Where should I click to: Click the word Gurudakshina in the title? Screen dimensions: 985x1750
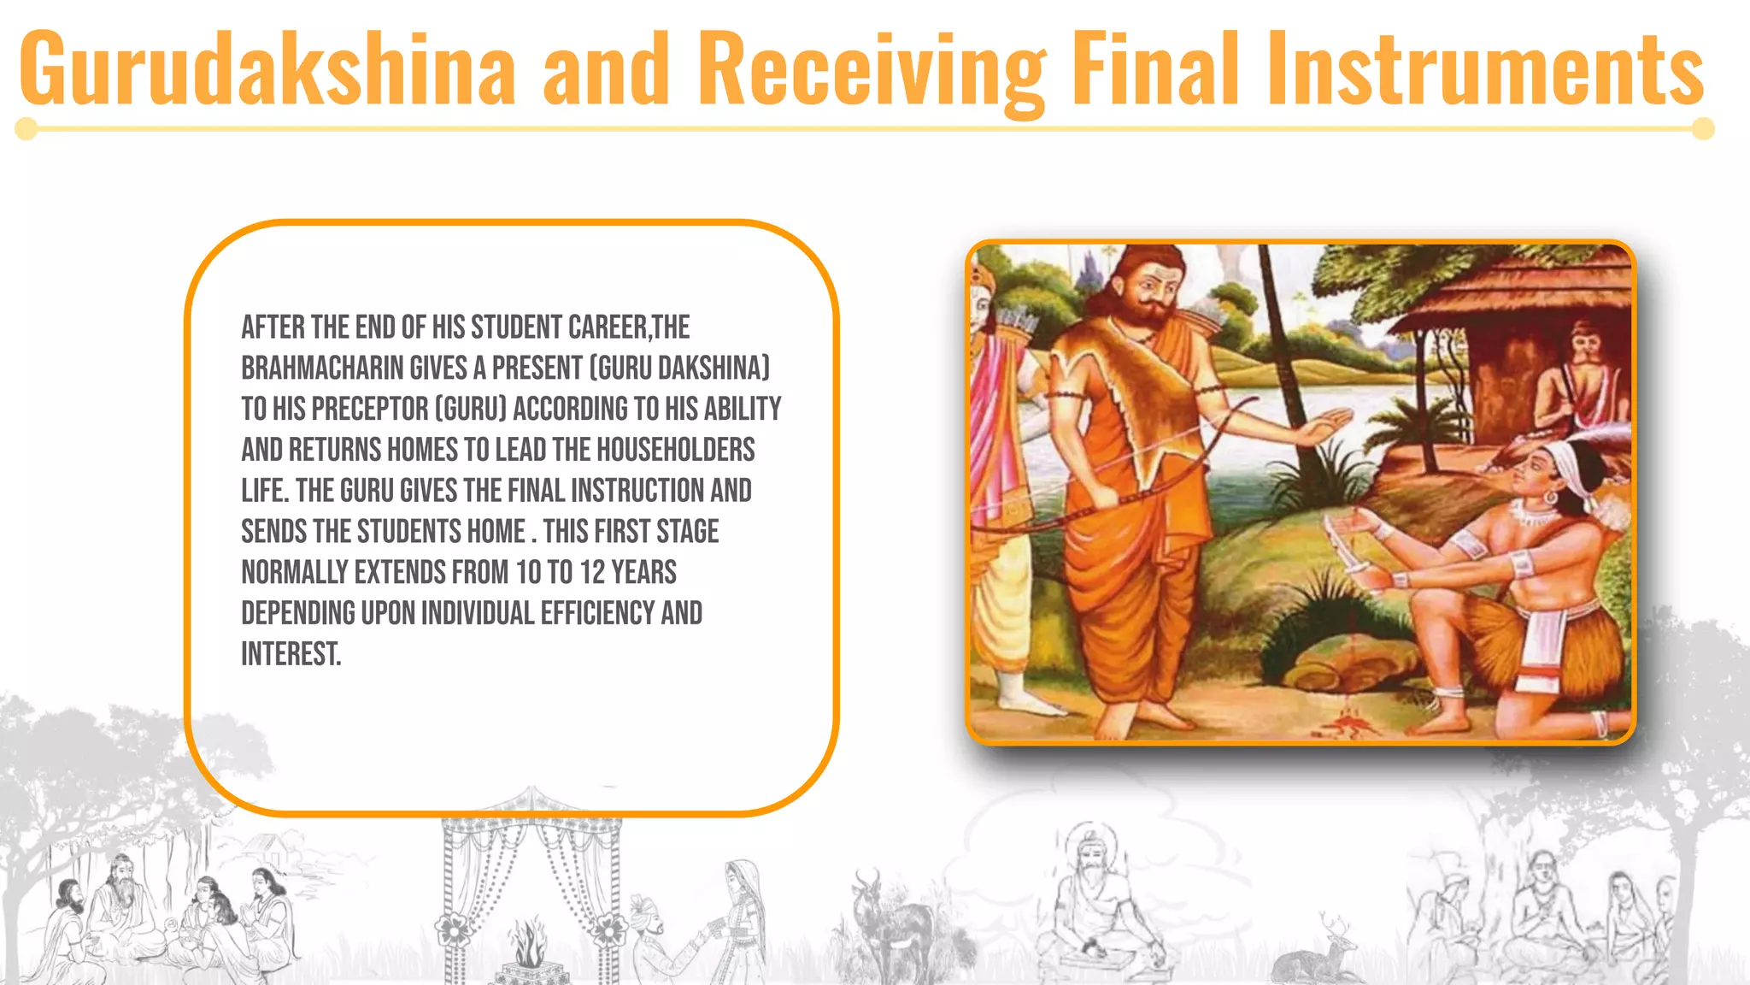(x=267, y=68)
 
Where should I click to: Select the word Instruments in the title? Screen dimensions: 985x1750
(x=1486, y=68)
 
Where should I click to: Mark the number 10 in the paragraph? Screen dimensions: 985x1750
(x=530, y=572)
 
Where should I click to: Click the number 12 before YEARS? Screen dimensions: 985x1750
(x=592, y=572)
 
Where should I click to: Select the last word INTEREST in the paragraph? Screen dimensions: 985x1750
(x=291, y=654)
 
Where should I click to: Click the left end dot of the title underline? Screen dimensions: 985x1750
(x=26, y=129)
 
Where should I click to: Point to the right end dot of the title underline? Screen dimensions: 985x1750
(x=1703, y=129)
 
